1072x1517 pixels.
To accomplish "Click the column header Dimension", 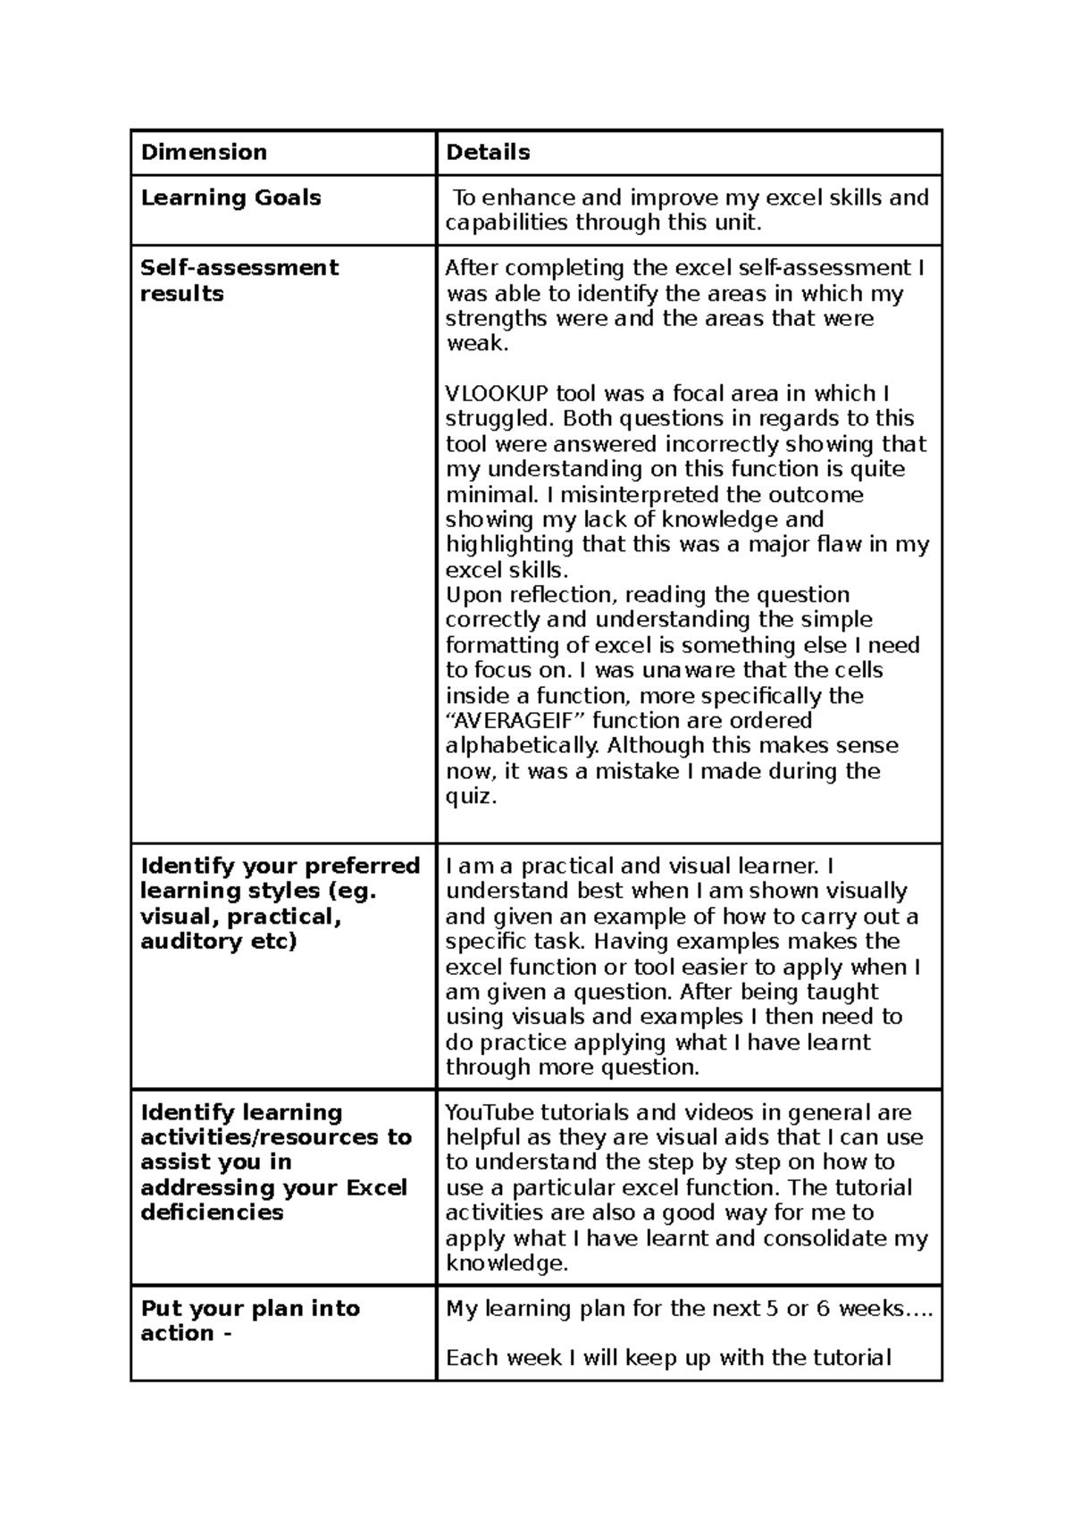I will click(x=204, y=153).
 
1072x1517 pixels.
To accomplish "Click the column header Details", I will click(x=488, y=153).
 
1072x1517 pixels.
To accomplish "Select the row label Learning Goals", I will click(x=230, y=197).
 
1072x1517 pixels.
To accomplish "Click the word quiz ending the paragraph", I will click(x=469, y=796).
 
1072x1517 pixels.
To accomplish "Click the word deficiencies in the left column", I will click(x=212, y=1212).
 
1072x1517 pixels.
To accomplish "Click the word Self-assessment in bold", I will click(x=239, y=268).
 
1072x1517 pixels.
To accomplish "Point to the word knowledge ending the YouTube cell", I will click(x=506, y=1263).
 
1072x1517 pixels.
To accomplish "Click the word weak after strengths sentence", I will click(x=474, y=344).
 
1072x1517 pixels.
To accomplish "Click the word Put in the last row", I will click(x=162, y=1309).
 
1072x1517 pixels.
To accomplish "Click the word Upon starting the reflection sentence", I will click(x=473, y=595).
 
